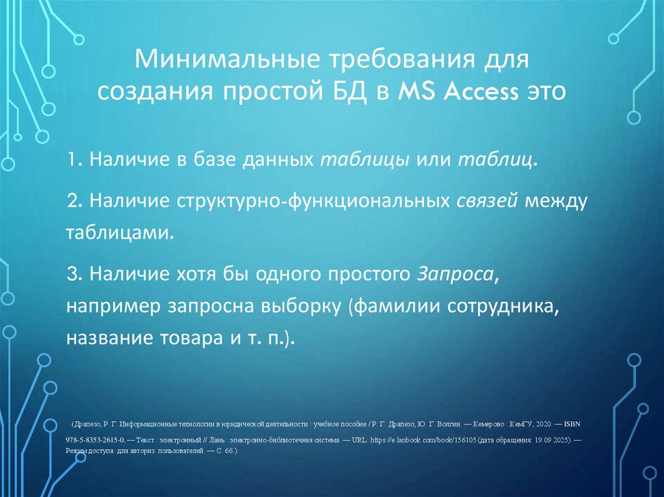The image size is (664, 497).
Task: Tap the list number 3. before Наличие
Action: click(75, 274)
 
